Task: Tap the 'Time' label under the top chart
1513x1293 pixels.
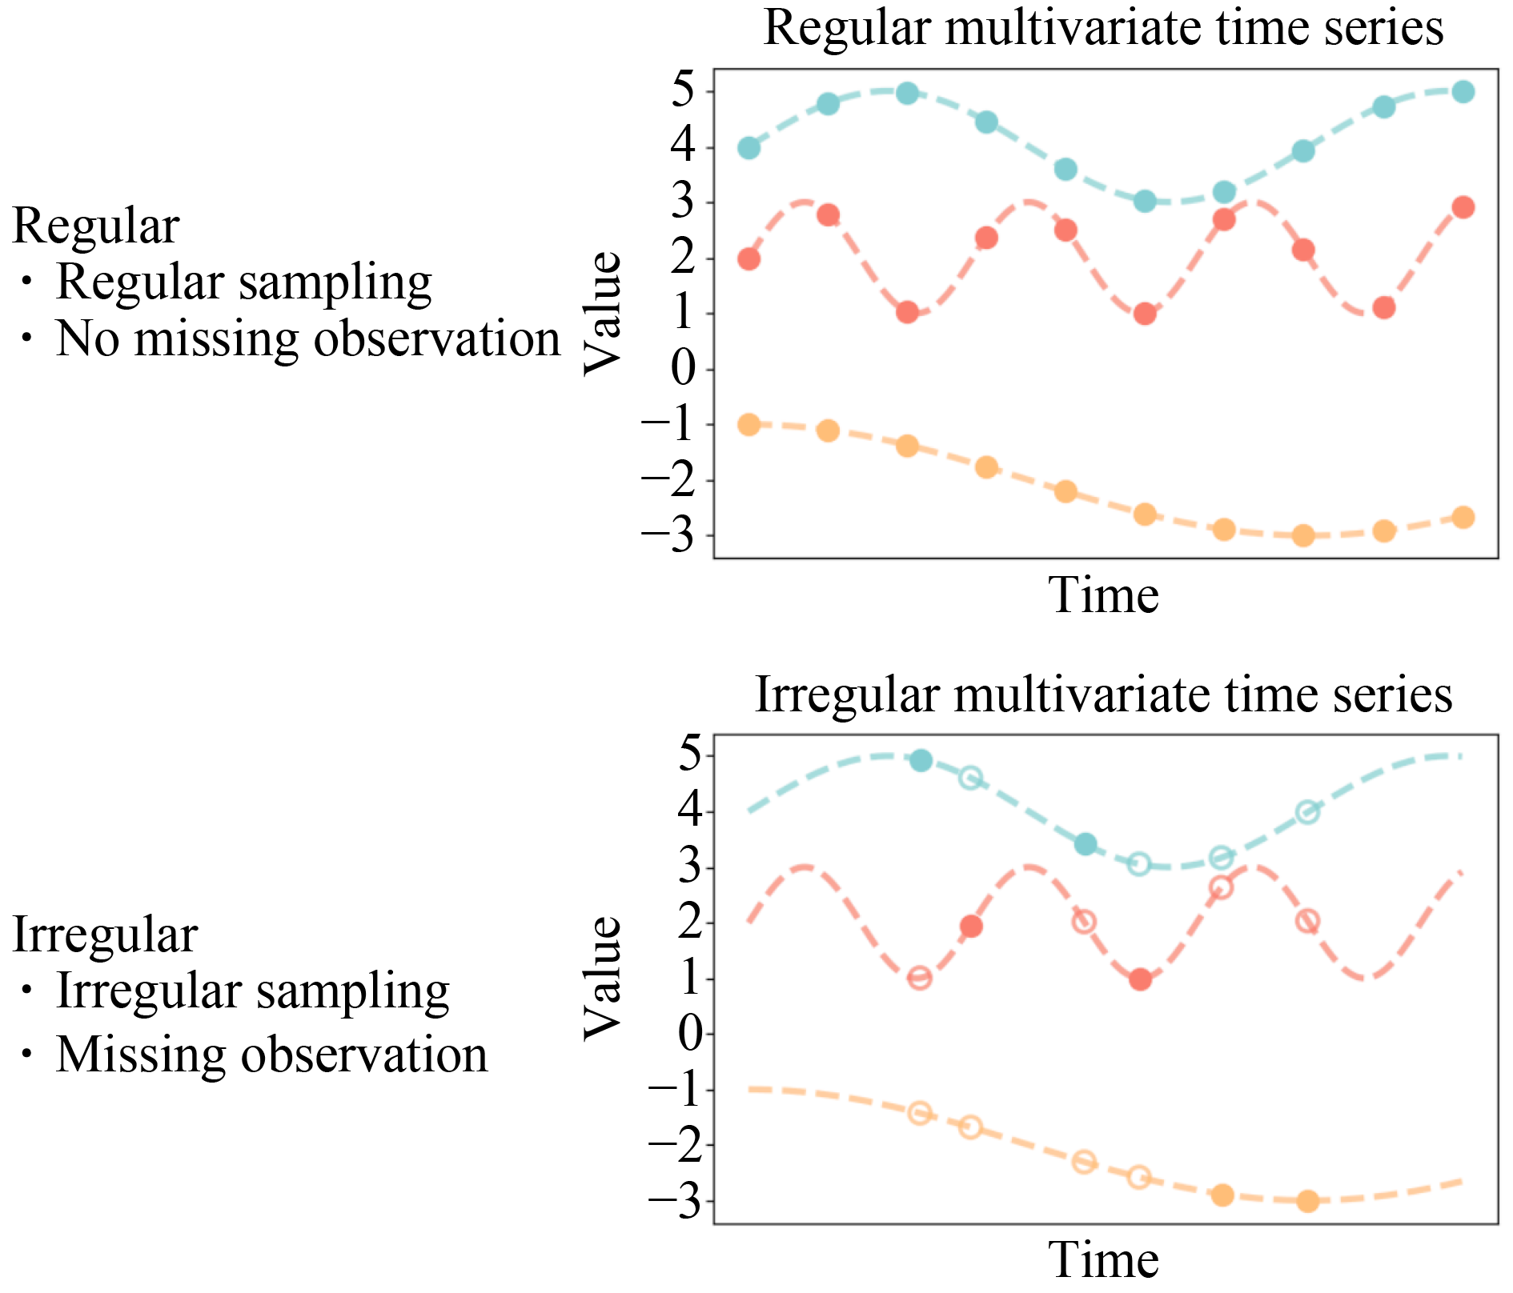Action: pyautogui.click(x=1103, y=595)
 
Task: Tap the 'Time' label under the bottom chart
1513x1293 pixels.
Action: pyautogui.click(x=1103, y=1259)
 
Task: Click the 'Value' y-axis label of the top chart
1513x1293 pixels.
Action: pyautogui.click(x=602, y=313)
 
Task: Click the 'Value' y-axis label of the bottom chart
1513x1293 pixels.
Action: pyautogui.click(x=602, y=978)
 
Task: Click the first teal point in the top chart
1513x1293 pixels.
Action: pyautogui.click(x=748, y=148)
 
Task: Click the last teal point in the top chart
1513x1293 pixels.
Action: pyautogui.click(x=1463, y=91)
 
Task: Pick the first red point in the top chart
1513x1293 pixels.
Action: pyautogui.click(x=748, y=259)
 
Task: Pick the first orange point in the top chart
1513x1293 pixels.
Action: pyautogui.click(x=748, y=424)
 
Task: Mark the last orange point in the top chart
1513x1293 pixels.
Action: pyautogui.click(x=1463, y=517)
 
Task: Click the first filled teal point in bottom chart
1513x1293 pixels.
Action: pyautogui.click(x=921, y=760)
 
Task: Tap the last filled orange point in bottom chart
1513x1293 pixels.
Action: pyautogui.click(x=1307, y=1201)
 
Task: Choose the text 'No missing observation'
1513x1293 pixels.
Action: pyautogui.click(x=307, y=338)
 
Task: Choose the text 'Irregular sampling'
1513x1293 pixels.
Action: pyautogui.click(x=252, y=991)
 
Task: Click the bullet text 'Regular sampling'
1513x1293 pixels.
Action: pyautogui.click(x=243, y=282)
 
